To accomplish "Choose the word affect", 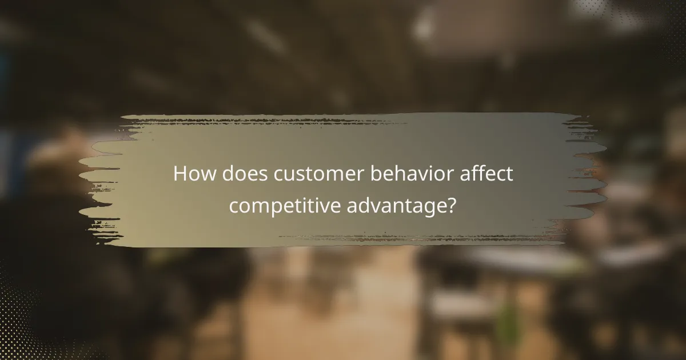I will pyautogui.click(x=486, y=174).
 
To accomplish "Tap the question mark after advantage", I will pyautogui.click(x=452, y=204).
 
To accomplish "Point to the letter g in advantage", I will pyautogui.click(x=426, y=207).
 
